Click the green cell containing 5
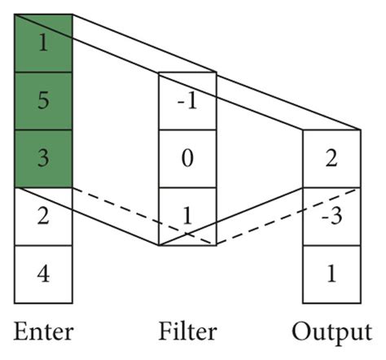pyautogui.click(x=43, y=101)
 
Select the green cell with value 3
pyautogui.click(x=43, y=158)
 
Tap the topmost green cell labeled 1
pyautogui.click(x=43, y=43)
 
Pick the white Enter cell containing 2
pyautogui.click(x=43, y=216)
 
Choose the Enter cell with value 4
pyautogui.click(x=43, y=273)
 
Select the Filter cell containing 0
pyautogui.click(x=187, y=158)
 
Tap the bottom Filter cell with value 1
pyautogui.click(x=187, y=216)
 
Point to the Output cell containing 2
pyautogui.click(x=331, y=158)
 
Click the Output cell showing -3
pyautogui.click(x=331, y=216)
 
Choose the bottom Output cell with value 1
pyautogui.click(x=331, y=273)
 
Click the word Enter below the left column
pyautogui.click(x=43, y=331)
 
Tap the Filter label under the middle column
pyautogui.click(x=187, y=331)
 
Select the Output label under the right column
pyautogui.click(x=331, y=331)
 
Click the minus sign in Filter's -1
pyautogui.click(x=179, y=103)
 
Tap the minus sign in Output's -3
pyautogui.click(x=323, y=217)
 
